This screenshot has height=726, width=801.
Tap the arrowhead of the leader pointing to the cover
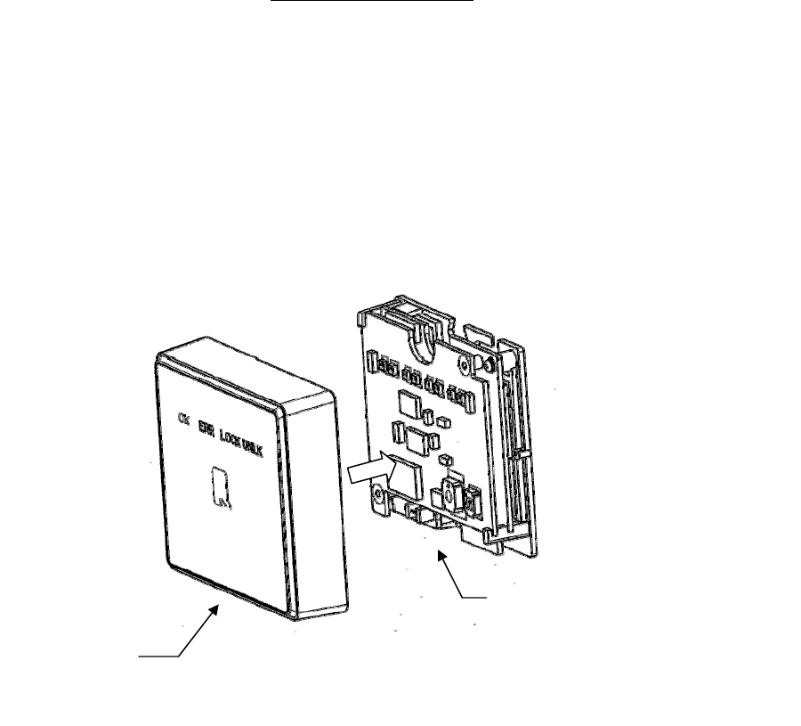coord(216,606)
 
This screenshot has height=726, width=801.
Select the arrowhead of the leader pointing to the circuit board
coord(441,553)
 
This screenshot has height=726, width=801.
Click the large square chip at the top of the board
coord(410,404)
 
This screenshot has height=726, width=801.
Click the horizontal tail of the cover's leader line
coord(158,657)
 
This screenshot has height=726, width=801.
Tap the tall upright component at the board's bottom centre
coord(450,494)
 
